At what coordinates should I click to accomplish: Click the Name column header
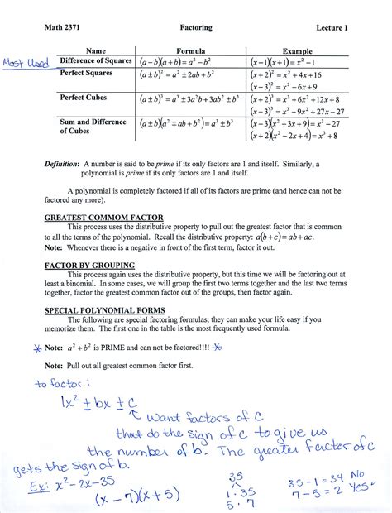tap(96, 51)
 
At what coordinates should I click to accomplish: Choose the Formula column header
tap(196, 51)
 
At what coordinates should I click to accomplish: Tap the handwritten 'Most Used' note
tap(26, 64)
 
